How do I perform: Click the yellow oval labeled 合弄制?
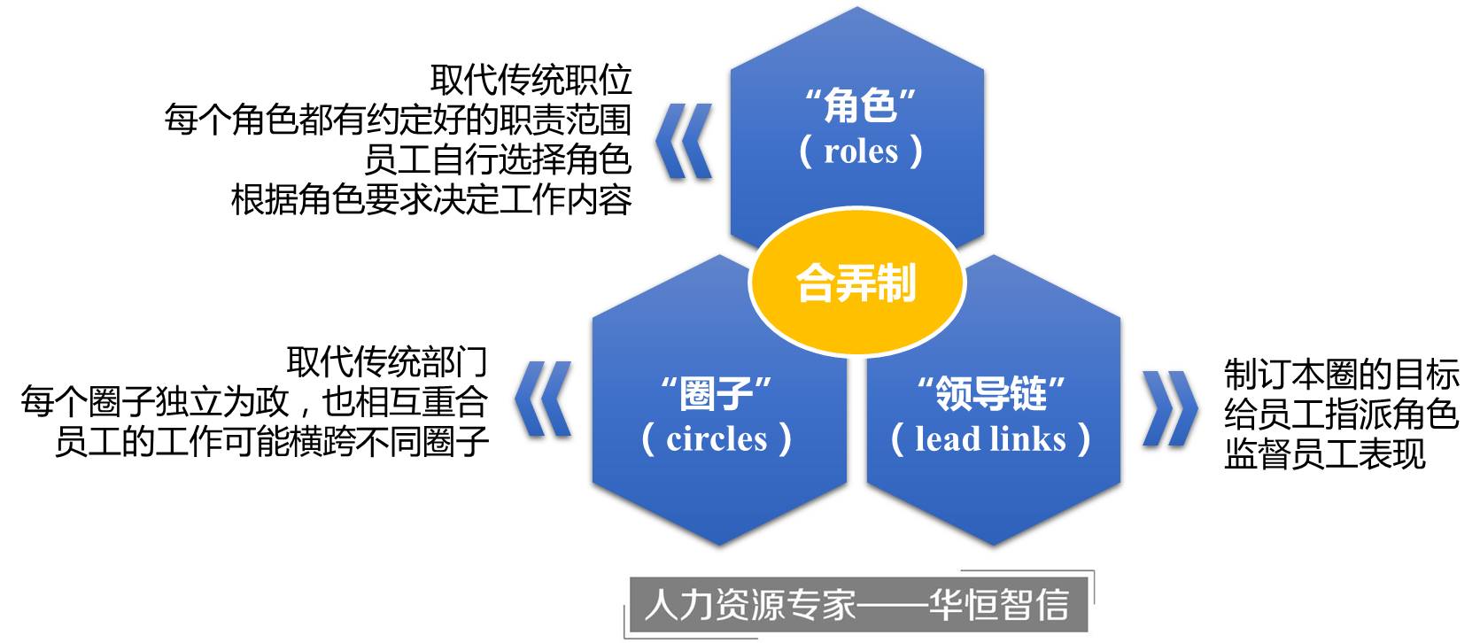[x=856, y=283]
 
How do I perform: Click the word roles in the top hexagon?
[x=860, y=151]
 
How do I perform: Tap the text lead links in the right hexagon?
[x=990, y=438]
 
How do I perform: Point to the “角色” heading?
[x=859, y=106]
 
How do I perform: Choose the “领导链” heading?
[x=990, y=392]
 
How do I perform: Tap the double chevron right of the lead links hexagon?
[x=1170, y=407]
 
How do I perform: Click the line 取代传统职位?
[x=531, y=80]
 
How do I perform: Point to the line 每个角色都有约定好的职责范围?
[x=398, y=120]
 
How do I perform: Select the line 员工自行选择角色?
[x=497, y=159]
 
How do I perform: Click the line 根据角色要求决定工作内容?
[x=431, y=200]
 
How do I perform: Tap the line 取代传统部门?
[x=387, y=361]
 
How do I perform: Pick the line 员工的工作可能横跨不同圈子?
[x=271, y=441]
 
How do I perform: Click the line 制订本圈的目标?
[x=1341, y=374]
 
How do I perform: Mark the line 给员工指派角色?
[x=1341, y=414]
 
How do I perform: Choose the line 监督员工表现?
[x=1324, y=453]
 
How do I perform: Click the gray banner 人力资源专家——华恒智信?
[x=857, y=605]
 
